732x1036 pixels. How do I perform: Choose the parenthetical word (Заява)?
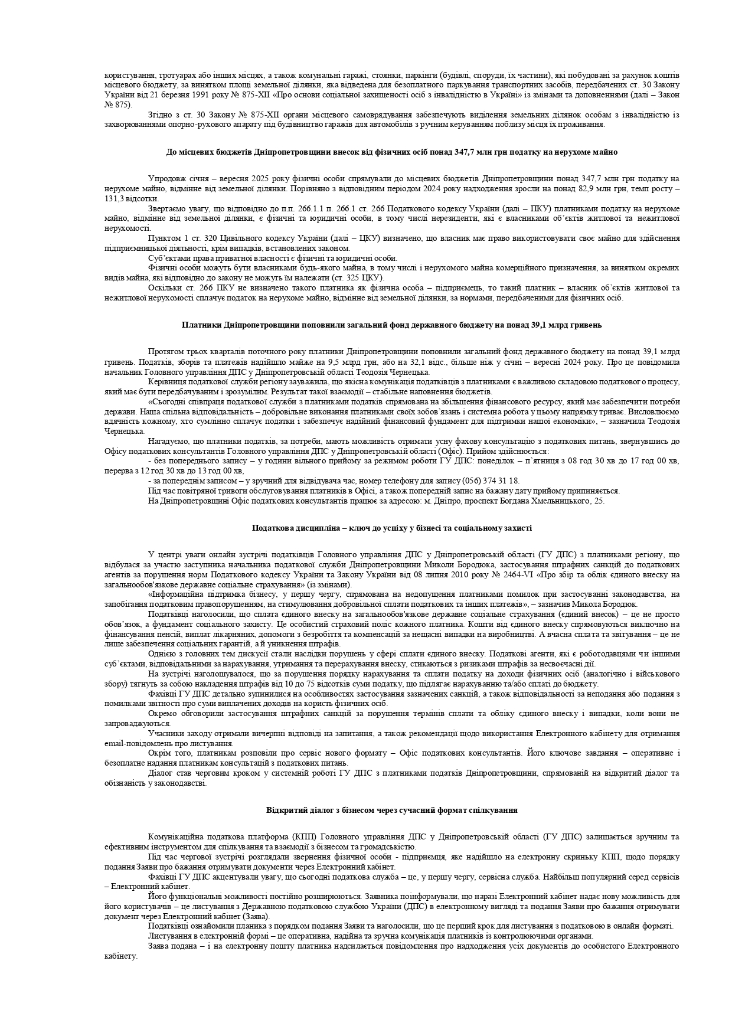click(x=255, y=916)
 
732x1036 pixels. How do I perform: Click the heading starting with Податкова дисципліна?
click(x=391, y=528)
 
